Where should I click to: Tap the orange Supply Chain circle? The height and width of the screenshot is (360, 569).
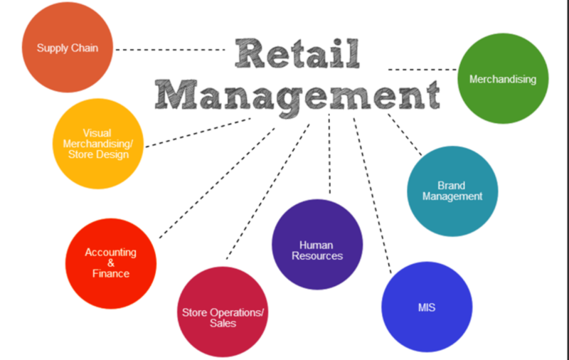coord(68,48)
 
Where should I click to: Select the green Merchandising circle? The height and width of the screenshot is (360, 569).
coord(502,79)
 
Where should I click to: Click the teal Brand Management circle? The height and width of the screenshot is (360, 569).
coord(452,191)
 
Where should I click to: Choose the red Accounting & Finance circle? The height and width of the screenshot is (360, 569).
coord(110,263)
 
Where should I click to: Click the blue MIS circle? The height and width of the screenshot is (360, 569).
coord(426,307)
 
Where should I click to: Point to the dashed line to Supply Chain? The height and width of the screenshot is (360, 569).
coord(171,49)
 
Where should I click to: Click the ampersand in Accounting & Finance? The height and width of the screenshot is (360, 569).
coord(110,263)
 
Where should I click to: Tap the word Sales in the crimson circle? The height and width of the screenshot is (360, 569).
coord(223,323)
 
